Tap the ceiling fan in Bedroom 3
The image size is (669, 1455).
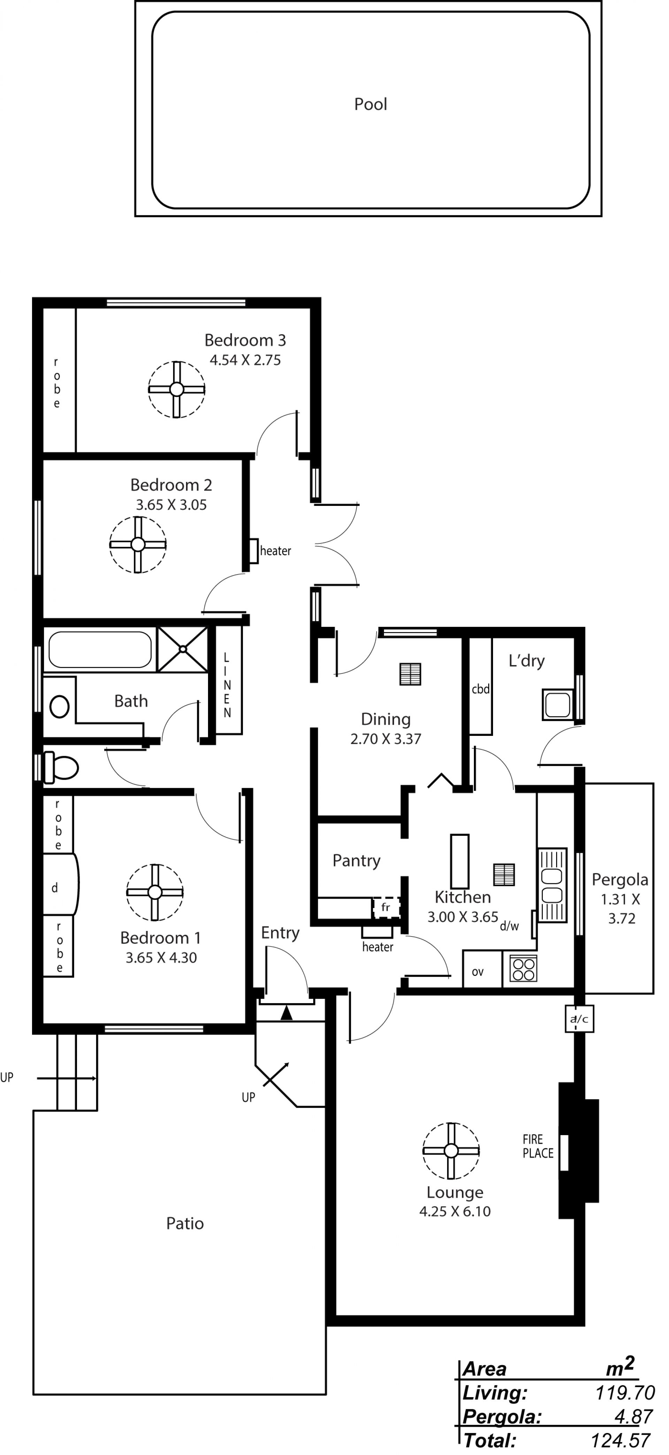[176, 389]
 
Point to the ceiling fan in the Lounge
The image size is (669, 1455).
[451, 1150]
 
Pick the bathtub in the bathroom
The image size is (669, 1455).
[100, 649]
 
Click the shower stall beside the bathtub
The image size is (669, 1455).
[183, 649]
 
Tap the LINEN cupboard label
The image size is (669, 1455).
[227, 685]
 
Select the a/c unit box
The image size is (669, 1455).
[579, 1019]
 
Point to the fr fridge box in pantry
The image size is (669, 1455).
[386, 908]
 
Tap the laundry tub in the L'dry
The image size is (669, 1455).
[558, 705]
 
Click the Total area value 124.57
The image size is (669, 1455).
[621, 1440]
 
